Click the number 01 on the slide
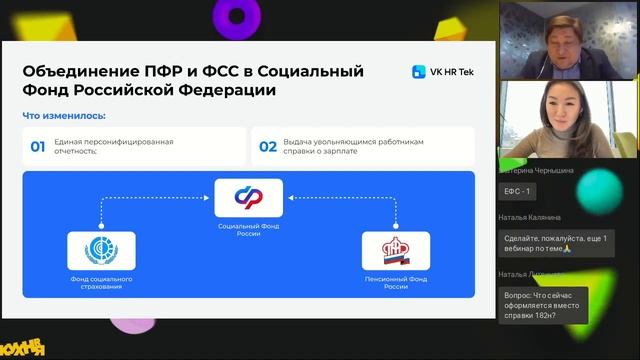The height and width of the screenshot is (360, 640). [37, 147]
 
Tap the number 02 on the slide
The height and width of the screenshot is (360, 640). [268, 147]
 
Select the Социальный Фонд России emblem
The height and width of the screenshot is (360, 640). [241, 196]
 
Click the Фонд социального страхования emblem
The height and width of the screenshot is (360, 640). [101, 250]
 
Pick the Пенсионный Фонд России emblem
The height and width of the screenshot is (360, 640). [396, 250]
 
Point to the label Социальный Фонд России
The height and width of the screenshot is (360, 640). [241, 230]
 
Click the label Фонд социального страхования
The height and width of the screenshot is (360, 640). [101, 283]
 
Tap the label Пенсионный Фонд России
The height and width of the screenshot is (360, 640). [396, 282]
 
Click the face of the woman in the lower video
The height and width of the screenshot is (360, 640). [556, 106]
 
